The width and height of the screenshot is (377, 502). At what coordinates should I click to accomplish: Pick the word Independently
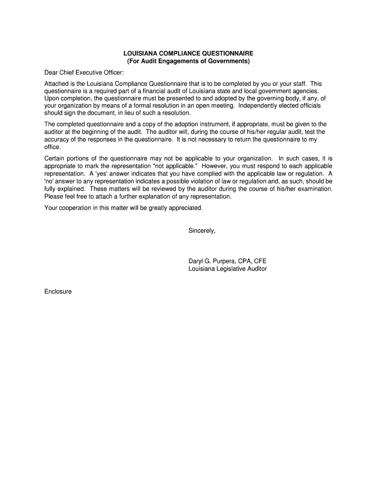[x=260, y=105]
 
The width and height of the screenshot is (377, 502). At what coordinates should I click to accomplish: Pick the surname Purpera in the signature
[x=223, y=261]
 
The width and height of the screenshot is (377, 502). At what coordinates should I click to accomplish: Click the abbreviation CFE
[x=259, y=261]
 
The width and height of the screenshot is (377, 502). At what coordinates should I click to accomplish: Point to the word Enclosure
[x=58, y=291]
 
